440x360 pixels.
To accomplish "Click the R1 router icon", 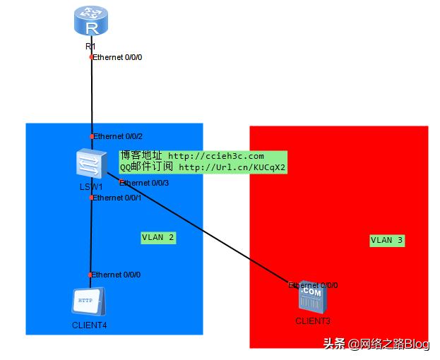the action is pyautogui.click(x=91, y=20).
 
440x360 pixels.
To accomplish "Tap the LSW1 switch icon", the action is pyautogui.click(x=92, y=164).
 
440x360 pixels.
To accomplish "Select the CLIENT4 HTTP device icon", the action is pyautogui.click(x=88, y=301).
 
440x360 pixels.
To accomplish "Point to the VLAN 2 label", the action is pyautogui.click(x=158, y=238).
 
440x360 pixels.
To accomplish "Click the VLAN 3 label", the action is pyautogui.click(x=387, y=240).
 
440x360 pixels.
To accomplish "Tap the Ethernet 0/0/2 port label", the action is pyautogui.click(x=118, y=136).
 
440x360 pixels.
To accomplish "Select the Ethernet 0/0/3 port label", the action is pyautogui.click(x=144, y=183).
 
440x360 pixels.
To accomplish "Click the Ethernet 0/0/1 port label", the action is pyautogui.click(x=117, y=198).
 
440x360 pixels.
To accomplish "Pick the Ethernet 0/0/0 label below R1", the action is pyautogui.click(x=117, y=57).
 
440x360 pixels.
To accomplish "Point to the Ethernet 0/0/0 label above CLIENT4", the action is pyautogui.click(x=116, y=275).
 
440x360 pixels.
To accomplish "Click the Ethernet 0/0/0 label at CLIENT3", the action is pyautogui.click(x=313, y=285).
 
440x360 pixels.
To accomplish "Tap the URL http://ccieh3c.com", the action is pyautogui.click(x=216, y=156).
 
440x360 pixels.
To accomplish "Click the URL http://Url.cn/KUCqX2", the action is pyautogui.click(x=232, y=168).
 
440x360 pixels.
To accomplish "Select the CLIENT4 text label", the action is pyautogui.click(x=90, y=325).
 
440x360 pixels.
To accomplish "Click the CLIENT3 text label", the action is pyautogui.click(x=313, y=321).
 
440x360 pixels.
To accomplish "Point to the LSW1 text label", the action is pyautogui.click(x=91, y=187).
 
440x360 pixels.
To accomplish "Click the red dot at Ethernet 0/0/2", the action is pyautogui.click(x=92, y=136).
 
